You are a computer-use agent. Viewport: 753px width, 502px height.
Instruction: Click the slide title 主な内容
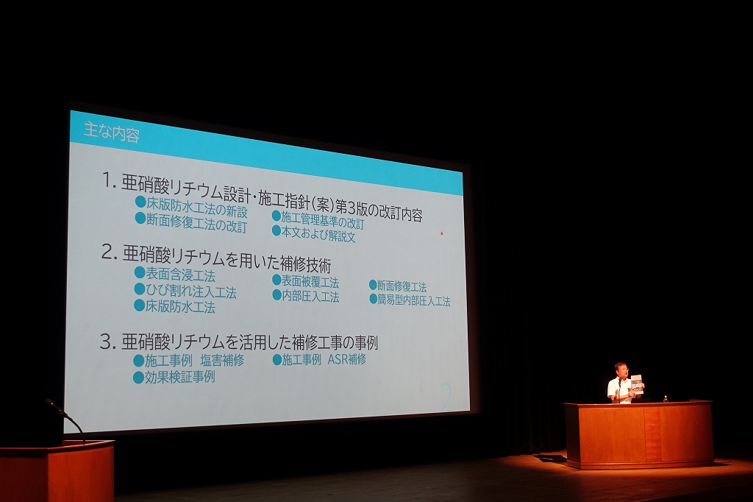pos(112,132)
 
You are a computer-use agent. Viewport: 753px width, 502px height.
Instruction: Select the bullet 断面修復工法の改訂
pos(196,223)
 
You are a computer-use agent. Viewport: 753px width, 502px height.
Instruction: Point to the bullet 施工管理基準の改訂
pos(322,221)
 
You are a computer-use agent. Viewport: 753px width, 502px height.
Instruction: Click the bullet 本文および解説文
pos(318,234)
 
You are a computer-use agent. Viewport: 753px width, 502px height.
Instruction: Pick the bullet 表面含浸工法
pos(180,275)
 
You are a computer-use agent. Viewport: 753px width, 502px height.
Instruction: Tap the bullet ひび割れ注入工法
pos(191,291)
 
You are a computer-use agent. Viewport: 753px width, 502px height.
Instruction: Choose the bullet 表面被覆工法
pos(310,282)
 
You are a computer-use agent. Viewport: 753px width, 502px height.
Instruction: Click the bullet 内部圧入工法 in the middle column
pos(310,297)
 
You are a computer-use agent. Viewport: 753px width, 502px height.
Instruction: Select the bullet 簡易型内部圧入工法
pos(413,301)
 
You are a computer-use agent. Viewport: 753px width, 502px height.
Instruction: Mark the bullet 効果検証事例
pos(179,377)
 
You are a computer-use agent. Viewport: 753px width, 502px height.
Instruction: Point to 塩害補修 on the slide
pos(222,360)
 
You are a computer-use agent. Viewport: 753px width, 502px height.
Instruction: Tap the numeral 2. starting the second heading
pos(109,252)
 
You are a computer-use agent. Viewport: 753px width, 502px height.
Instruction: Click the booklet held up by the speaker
pos(636,385)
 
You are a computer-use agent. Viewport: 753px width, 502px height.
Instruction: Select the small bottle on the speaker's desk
pos(665,399)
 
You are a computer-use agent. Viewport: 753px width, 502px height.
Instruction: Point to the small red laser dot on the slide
pos(441,233)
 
